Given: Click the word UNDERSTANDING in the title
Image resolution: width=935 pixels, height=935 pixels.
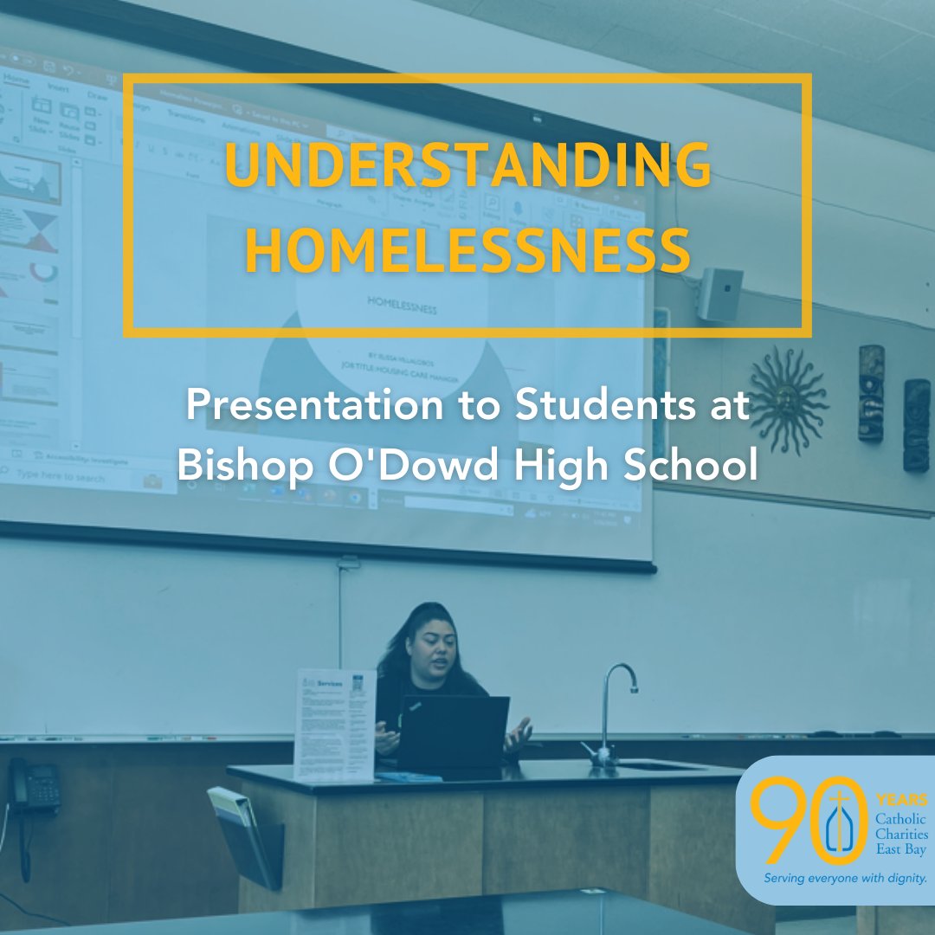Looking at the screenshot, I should click(467, 166).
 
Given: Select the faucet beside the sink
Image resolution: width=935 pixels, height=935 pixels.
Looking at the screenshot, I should click(616, 710).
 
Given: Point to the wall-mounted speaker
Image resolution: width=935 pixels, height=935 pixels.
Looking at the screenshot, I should click(720, 294).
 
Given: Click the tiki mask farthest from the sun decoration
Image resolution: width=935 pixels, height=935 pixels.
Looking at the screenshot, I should click(916, 425).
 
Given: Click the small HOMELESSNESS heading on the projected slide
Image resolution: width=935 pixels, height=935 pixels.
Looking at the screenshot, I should click(403, 308).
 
